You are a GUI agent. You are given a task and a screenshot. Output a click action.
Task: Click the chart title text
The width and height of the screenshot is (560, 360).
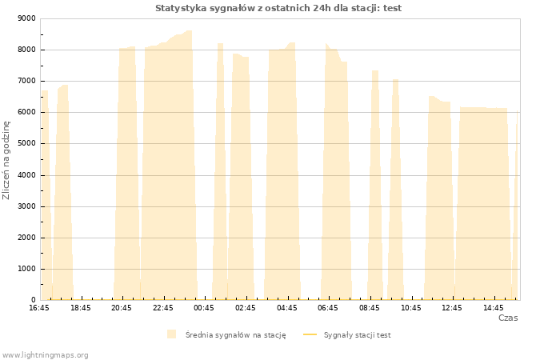coord(278,8)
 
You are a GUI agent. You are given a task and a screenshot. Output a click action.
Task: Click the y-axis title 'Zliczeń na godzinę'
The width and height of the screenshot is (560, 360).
coord(6,160)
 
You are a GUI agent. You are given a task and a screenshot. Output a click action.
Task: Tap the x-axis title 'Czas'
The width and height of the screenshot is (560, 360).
coord(508,318)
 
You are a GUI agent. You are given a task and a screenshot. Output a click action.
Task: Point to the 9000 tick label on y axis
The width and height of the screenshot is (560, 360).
coord(26,18)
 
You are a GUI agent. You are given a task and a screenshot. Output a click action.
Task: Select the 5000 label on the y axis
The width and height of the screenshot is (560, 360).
coord(26,143)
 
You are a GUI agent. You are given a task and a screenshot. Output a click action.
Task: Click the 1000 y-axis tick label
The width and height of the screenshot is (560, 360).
coord(26,269)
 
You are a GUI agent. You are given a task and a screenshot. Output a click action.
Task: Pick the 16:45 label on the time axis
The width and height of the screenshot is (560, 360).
coord(39,308)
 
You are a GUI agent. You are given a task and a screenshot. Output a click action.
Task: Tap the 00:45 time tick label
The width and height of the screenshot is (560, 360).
coord(204,308)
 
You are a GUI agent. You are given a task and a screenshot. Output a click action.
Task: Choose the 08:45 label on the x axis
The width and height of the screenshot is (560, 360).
coord(370,308)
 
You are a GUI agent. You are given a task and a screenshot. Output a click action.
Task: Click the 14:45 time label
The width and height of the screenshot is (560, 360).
coord(494,308)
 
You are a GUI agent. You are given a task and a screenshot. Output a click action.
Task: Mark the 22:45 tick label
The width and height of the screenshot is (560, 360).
coord(163,308)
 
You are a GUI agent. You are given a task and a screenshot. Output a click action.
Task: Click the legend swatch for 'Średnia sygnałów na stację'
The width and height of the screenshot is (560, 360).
coord(171,334)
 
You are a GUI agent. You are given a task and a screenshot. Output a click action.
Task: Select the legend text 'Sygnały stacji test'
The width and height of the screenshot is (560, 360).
coord(357,335)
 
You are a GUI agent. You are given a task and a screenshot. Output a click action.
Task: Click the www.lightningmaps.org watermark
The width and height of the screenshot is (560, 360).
coord(45,355)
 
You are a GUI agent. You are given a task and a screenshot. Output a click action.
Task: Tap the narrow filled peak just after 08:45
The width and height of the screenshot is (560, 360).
coord(375,186)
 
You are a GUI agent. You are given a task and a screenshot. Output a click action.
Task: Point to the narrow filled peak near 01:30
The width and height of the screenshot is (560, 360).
coord(220,171)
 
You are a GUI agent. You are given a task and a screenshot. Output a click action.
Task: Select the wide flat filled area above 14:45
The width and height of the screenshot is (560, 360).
coord(483,203)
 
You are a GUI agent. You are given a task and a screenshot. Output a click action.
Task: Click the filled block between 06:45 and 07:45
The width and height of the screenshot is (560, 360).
coord(336,175)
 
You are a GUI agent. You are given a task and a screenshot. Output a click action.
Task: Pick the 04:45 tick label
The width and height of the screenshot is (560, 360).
coord(286,308)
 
